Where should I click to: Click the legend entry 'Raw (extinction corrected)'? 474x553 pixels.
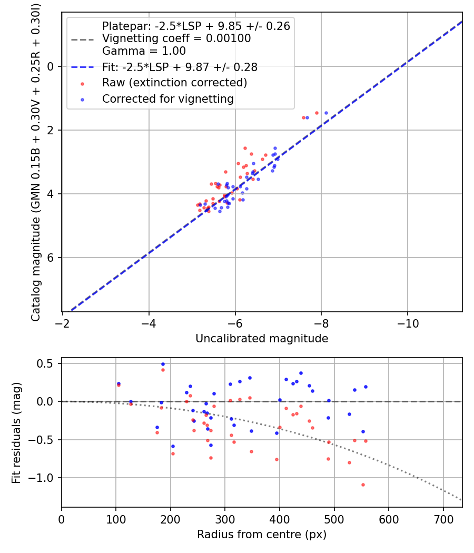[x=174, y=83]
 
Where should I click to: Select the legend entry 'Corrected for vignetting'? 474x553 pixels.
[x=167, y=98]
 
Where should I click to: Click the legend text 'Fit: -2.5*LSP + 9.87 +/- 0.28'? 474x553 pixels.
[x=180, y=67]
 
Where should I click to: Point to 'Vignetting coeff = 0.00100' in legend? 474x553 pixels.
[x=176, y=38]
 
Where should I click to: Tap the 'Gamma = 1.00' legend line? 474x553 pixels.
[x=144, y=51]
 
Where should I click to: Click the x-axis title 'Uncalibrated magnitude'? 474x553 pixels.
[x=262, y=339]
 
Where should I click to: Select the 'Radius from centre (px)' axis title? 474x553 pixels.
[x=262, y=535]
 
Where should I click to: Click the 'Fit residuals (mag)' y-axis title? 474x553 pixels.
[x=16, y=433]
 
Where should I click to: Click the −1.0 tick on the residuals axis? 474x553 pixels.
[x=45, y=478]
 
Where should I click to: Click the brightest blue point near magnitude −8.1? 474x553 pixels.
[x=326, y=113]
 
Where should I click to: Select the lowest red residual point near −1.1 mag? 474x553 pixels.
[x=363, y=485]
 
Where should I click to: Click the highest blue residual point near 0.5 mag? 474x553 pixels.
[x=163, y=364]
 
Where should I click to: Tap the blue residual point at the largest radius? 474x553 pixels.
[x=366, y=387]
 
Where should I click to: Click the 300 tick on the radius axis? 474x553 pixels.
[x=225, y=518]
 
